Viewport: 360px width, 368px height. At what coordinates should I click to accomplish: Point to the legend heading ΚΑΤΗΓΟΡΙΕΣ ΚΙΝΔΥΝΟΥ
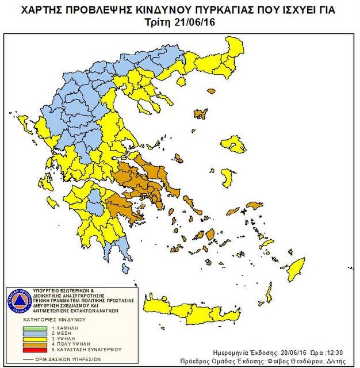click(x=54, y=318)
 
